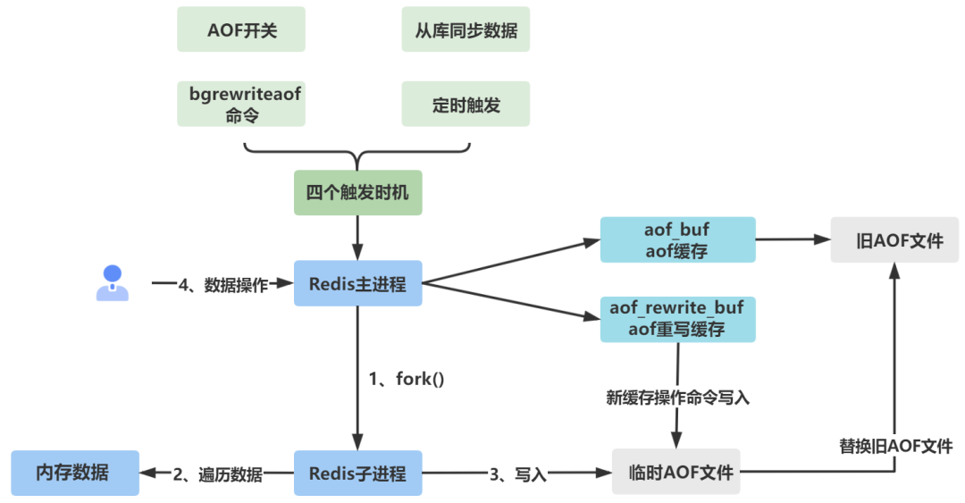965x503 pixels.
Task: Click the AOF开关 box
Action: click(241, 29)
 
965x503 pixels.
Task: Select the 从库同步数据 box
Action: click(466, 29)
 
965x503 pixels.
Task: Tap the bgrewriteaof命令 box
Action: click(241, 104)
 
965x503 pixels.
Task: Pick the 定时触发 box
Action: click(466, 104)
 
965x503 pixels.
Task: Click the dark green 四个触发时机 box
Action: click(357, 193)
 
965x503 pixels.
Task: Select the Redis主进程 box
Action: click(357, 284)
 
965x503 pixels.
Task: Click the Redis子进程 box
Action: click(357, 474)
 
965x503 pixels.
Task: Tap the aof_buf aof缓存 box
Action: click(677, 239)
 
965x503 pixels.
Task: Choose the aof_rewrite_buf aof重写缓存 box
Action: click(677, 319)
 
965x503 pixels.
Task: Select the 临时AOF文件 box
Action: click(675, 473)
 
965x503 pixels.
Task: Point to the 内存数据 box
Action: click(75, 473)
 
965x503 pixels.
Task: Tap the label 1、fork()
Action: click(407, 379)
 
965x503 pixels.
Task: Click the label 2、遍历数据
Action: click(217, 474)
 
